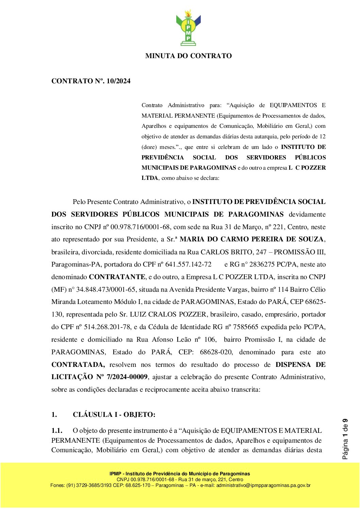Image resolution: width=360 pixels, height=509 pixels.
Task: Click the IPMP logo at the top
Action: coord(188,28)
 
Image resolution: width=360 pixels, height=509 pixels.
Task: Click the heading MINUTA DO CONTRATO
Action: coord(188,56)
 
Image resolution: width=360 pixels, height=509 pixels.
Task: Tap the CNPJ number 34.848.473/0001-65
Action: coord(107,289)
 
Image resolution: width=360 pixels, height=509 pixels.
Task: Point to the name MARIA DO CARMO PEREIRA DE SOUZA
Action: coord(252,239)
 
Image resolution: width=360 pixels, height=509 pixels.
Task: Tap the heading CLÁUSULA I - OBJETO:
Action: coord(114,414)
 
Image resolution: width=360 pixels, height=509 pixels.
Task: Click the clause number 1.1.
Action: coord(57,430)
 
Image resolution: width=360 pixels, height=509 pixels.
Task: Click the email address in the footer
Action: coord(263,485)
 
